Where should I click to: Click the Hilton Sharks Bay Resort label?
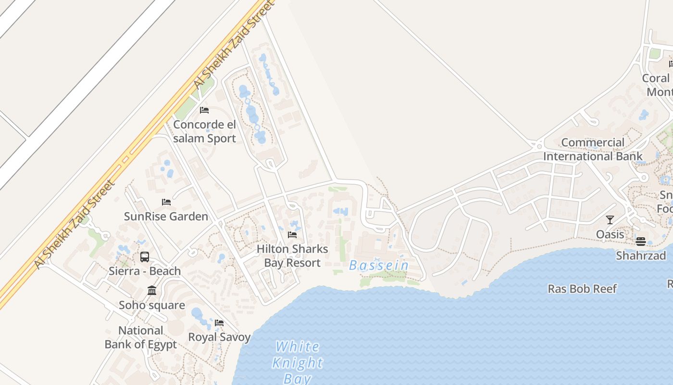pyautogui.click(x=292, y=256)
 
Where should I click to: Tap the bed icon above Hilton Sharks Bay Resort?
pyautogui.click(x=292, y=235)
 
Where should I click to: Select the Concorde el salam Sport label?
pyautogui.click(x=205, y=131)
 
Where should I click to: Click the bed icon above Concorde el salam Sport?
pyautogui.click(x=204, y=110)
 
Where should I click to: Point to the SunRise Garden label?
pyautogui.click(x=166, y=217)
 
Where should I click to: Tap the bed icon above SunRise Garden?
pyautogui.click(x=166, y=202)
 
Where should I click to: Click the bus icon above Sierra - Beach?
pyautogui.click(x=145, y=257)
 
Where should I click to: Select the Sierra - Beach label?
pyautogui.click(x=145, y=271)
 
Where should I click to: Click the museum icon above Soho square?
pyautogui.click(x=152, y=290)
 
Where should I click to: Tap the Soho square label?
pyautogui.click(x=152, y=305)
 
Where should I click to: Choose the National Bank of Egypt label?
pyautogui.click(x=141, y=337)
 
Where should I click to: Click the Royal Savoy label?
pyautogui.click(x=219, y=337)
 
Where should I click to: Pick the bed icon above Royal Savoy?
pyautogui.click(x=219, y=322)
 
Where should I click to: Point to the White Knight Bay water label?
pyautogui.click(x=298, y=362)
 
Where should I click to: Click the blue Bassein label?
pyautogui.click(x=379, y=265)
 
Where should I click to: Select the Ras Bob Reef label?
pyautogui.click(x=582, y=289)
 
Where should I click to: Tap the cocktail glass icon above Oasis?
pyautogui.click(x=610, y=220)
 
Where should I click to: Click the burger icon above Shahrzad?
pyautogui.click(x=640, y=241)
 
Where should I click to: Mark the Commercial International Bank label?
pyautogui.click(x=593, y=149)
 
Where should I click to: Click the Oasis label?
pyautogui.click(x=610, y=234)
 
